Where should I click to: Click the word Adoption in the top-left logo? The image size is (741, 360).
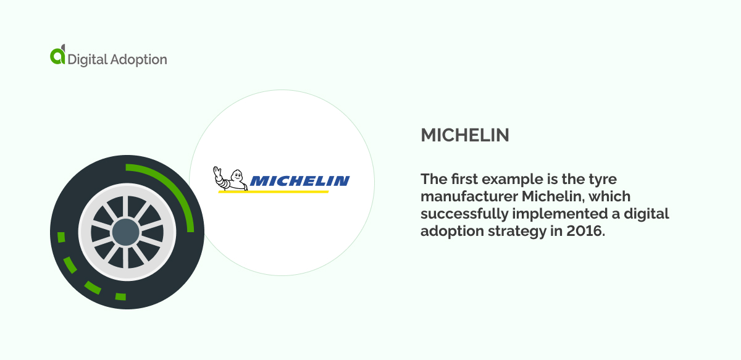139,60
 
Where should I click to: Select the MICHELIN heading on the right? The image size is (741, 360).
465,136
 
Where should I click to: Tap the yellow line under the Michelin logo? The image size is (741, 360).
274,191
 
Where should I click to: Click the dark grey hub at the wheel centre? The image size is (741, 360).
126,232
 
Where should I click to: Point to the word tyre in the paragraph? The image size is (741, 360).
605,179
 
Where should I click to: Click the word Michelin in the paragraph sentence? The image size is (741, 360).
550,196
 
